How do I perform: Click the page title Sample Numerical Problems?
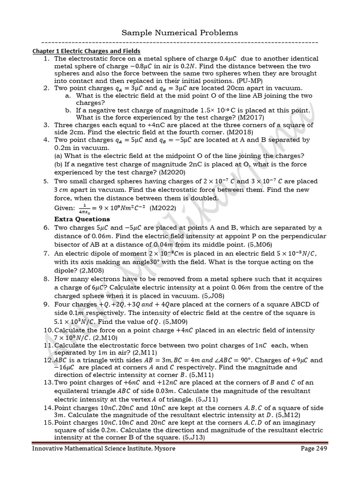pos(180,32)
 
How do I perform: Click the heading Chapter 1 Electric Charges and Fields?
pos(86,51)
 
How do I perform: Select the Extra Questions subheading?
pos(82,219)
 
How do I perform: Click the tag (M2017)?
pos(251,117)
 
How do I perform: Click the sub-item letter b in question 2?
pos(68,111)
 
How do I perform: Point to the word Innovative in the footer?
pos(49,449)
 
